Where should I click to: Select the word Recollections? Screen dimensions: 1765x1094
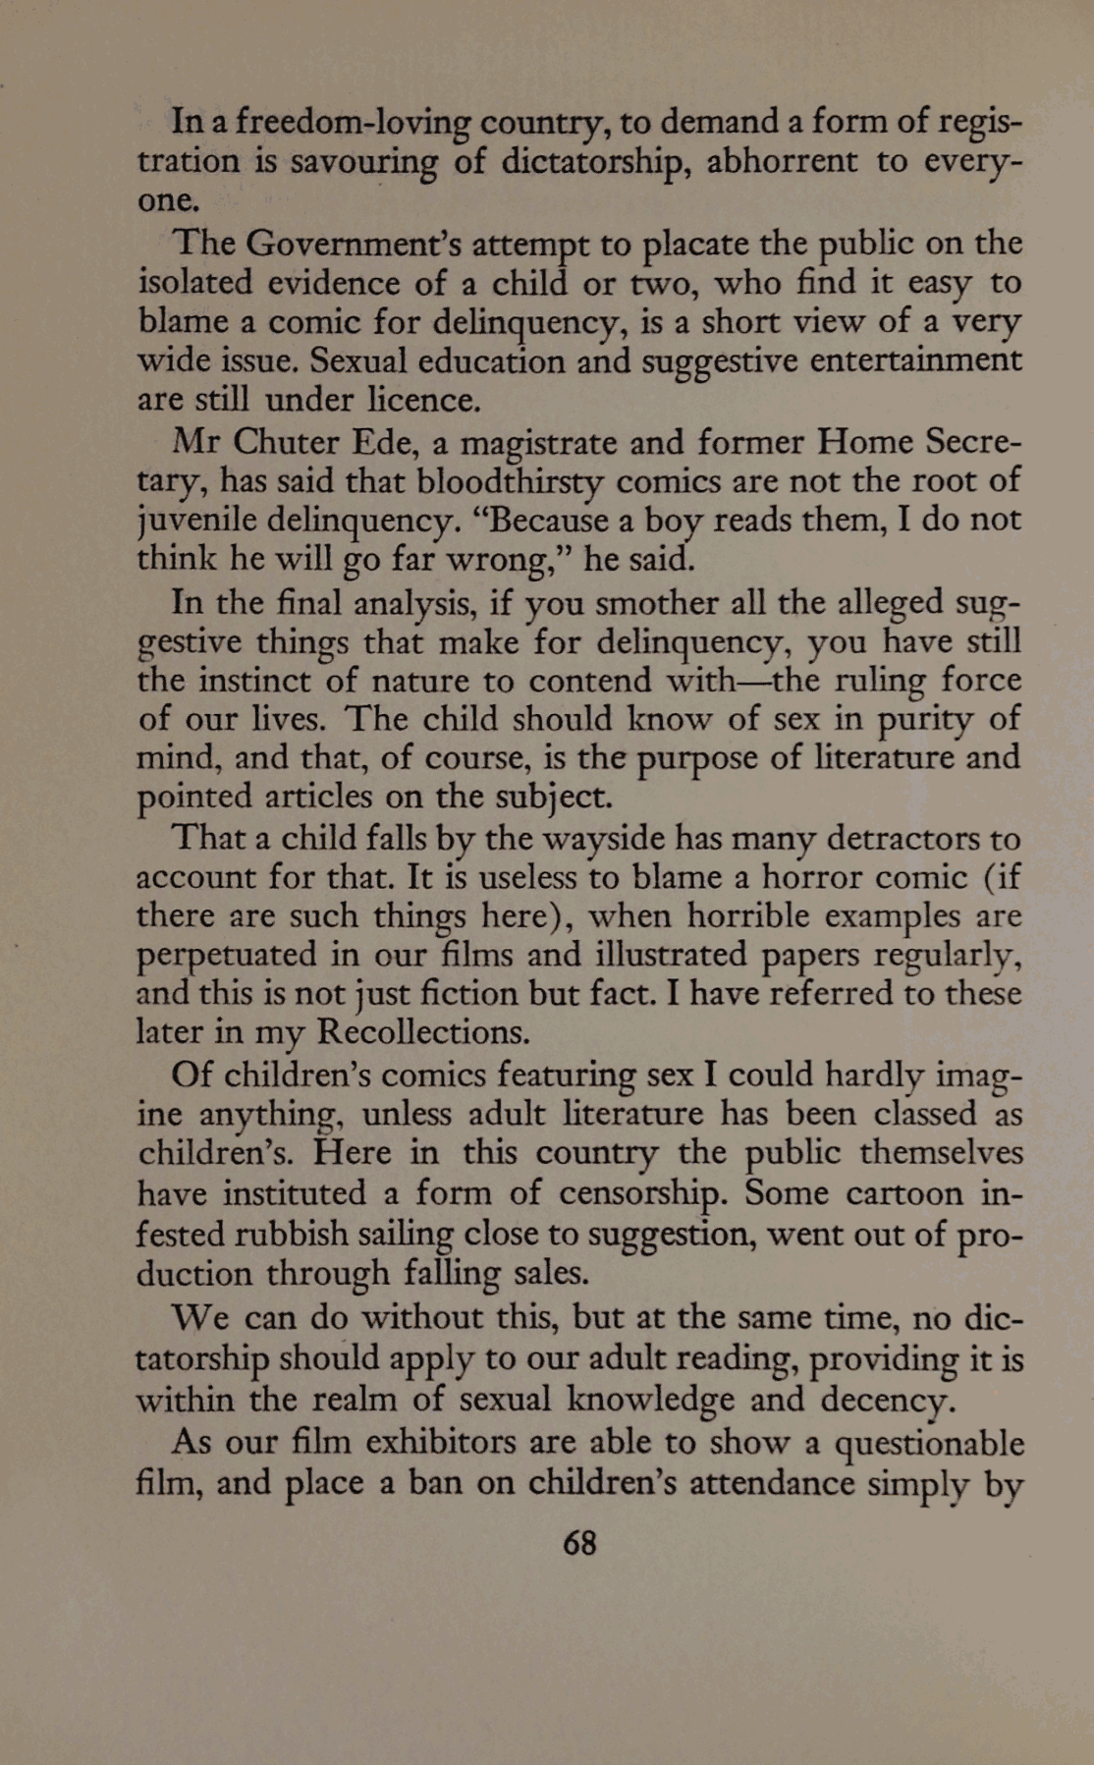[425, 1032]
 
